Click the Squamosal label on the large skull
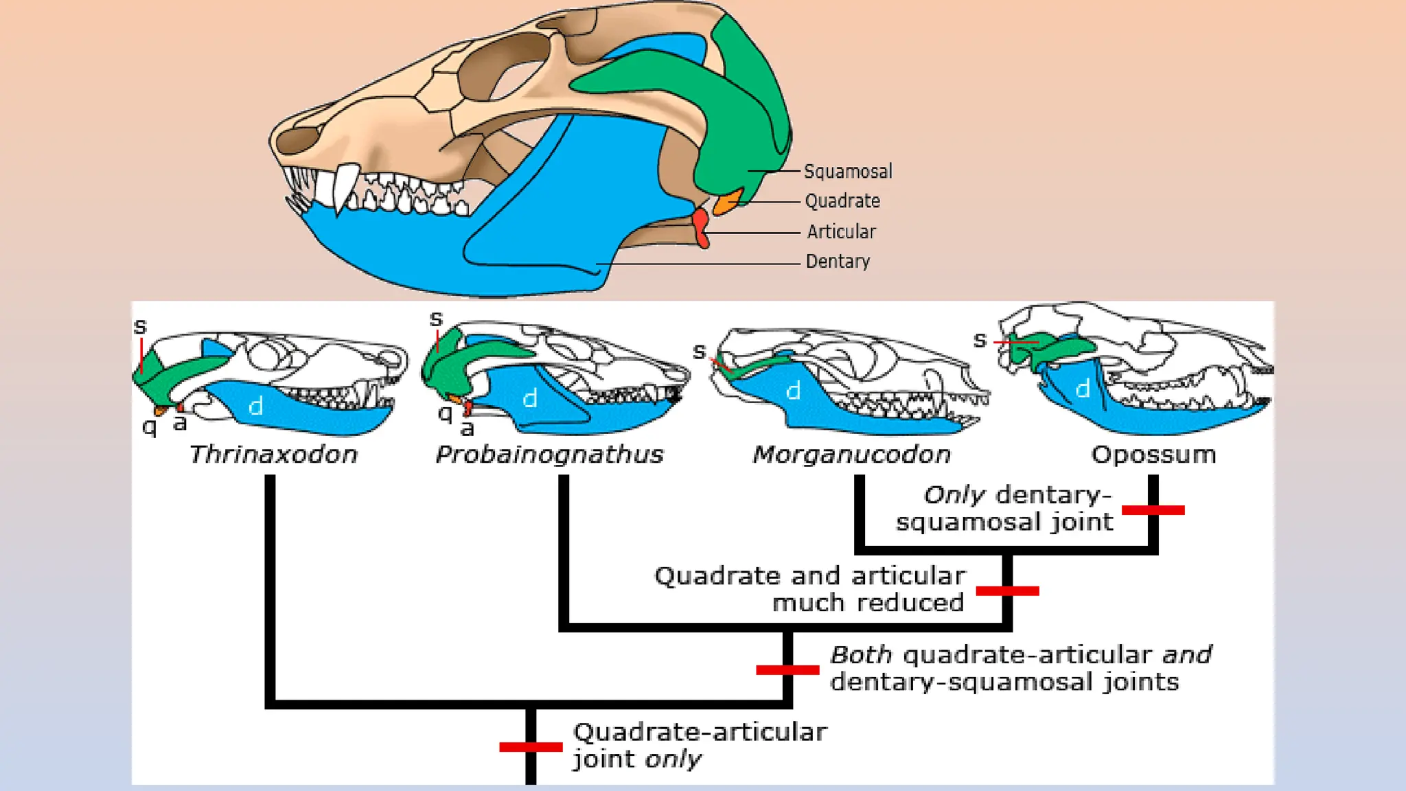[x=848, y=171]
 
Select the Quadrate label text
[x=842, y=201]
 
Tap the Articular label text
[x=841, y=231]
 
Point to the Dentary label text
[x=838, y=262]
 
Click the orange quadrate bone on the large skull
[x=727, y=202]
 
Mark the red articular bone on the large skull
[x=700, y=227]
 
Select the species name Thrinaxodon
[x=273, y=455]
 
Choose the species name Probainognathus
[x=549, y=455]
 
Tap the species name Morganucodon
[x=851, y=455]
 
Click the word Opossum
[x=1153, y=455]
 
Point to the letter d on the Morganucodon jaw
[x=793, y=391]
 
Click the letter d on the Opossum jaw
[x=1083, y=389]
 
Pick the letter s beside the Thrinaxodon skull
[x=140, y=327]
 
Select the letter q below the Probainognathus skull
[x=445, y=413]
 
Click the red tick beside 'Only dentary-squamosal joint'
[x=1153, y=510]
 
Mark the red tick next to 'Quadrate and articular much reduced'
[x=1007, y=591]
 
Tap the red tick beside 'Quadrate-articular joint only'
[x=531, y=747]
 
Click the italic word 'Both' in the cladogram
[x=861, y=655]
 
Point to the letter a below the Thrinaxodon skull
[x=180, y=423]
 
